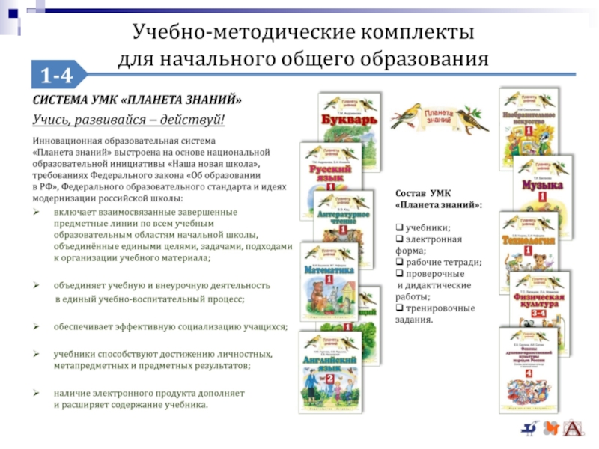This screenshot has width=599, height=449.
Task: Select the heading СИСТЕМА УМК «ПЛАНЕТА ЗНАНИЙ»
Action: [136, 100]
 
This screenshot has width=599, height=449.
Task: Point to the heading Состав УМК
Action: [423, 193]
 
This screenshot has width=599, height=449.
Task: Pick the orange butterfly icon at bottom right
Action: [552, 428]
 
